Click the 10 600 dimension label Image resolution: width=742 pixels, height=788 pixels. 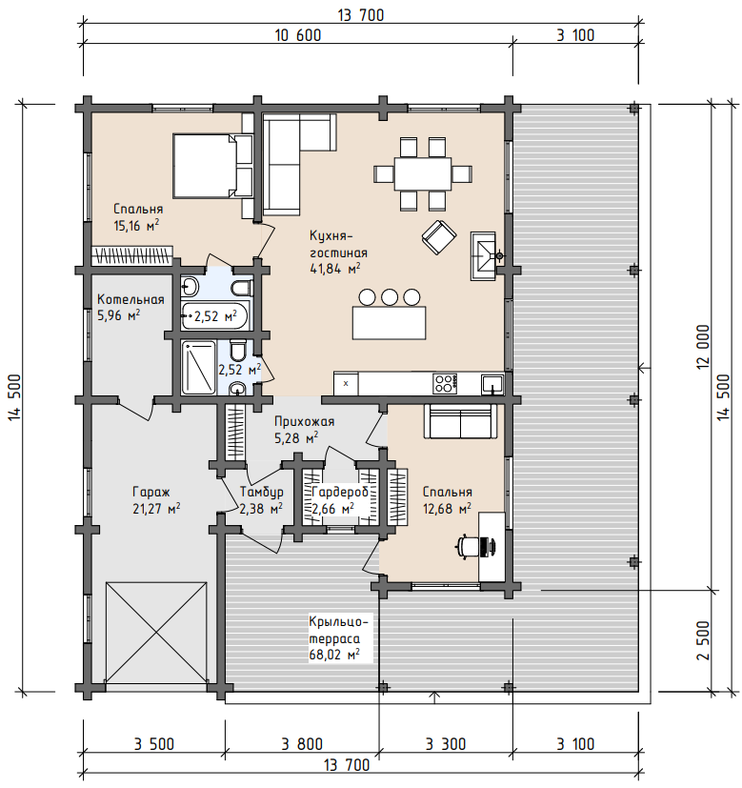tap(298, 35)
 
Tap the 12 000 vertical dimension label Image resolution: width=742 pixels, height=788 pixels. tap(703, 347)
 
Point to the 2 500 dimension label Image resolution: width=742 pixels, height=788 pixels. tap(703, 640)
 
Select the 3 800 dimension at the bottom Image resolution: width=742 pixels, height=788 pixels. tap(301, 744)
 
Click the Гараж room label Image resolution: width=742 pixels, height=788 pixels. tap(151, 492)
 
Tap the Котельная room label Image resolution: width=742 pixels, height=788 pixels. tap(130, 299)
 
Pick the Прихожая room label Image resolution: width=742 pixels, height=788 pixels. tap(304, 421)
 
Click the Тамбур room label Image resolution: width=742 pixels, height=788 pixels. tap(261, 492)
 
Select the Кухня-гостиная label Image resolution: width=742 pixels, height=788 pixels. tap(338, 244)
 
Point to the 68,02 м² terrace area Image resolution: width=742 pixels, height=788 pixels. tap(334, 655)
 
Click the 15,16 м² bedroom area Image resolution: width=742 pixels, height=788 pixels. tap(136, 225)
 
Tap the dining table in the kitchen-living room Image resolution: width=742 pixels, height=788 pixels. tap(423, 173)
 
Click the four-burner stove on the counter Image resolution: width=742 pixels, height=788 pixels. tap(445, 384)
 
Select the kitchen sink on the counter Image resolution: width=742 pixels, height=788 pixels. tap(492, 384)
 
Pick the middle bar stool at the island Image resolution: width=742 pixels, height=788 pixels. tap(390, 297)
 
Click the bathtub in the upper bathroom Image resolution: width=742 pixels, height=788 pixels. tap(214, 316)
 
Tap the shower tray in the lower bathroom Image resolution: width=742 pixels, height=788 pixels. tap(198, 368)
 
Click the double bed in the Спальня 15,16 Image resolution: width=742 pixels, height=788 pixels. tap(205, 166)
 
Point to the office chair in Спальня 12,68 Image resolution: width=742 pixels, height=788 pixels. tap(474, 546)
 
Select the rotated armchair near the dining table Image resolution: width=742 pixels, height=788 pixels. tap(439, 236)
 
